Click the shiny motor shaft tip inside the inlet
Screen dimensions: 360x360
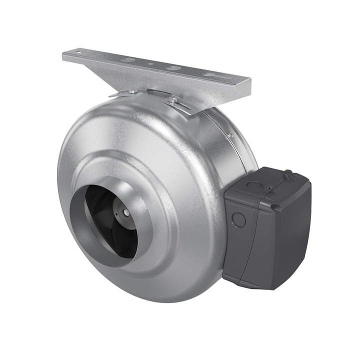pyautogui.click(x=126, y=212)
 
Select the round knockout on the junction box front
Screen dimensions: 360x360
pyautogui.click(x=239, y=218)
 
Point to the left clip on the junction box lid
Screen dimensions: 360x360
pyautogui.click(x=269, y=188)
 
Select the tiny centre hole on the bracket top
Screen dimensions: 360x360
pyautogui.click(x=149, y=64)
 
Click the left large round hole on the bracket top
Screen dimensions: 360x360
pyautogui.click(x=128, y=59)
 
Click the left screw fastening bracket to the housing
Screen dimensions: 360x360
pyautogui.click(x=132, y=91)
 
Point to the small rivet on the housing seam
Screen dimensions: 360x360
pyautogui.click(x=230, y=134)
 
